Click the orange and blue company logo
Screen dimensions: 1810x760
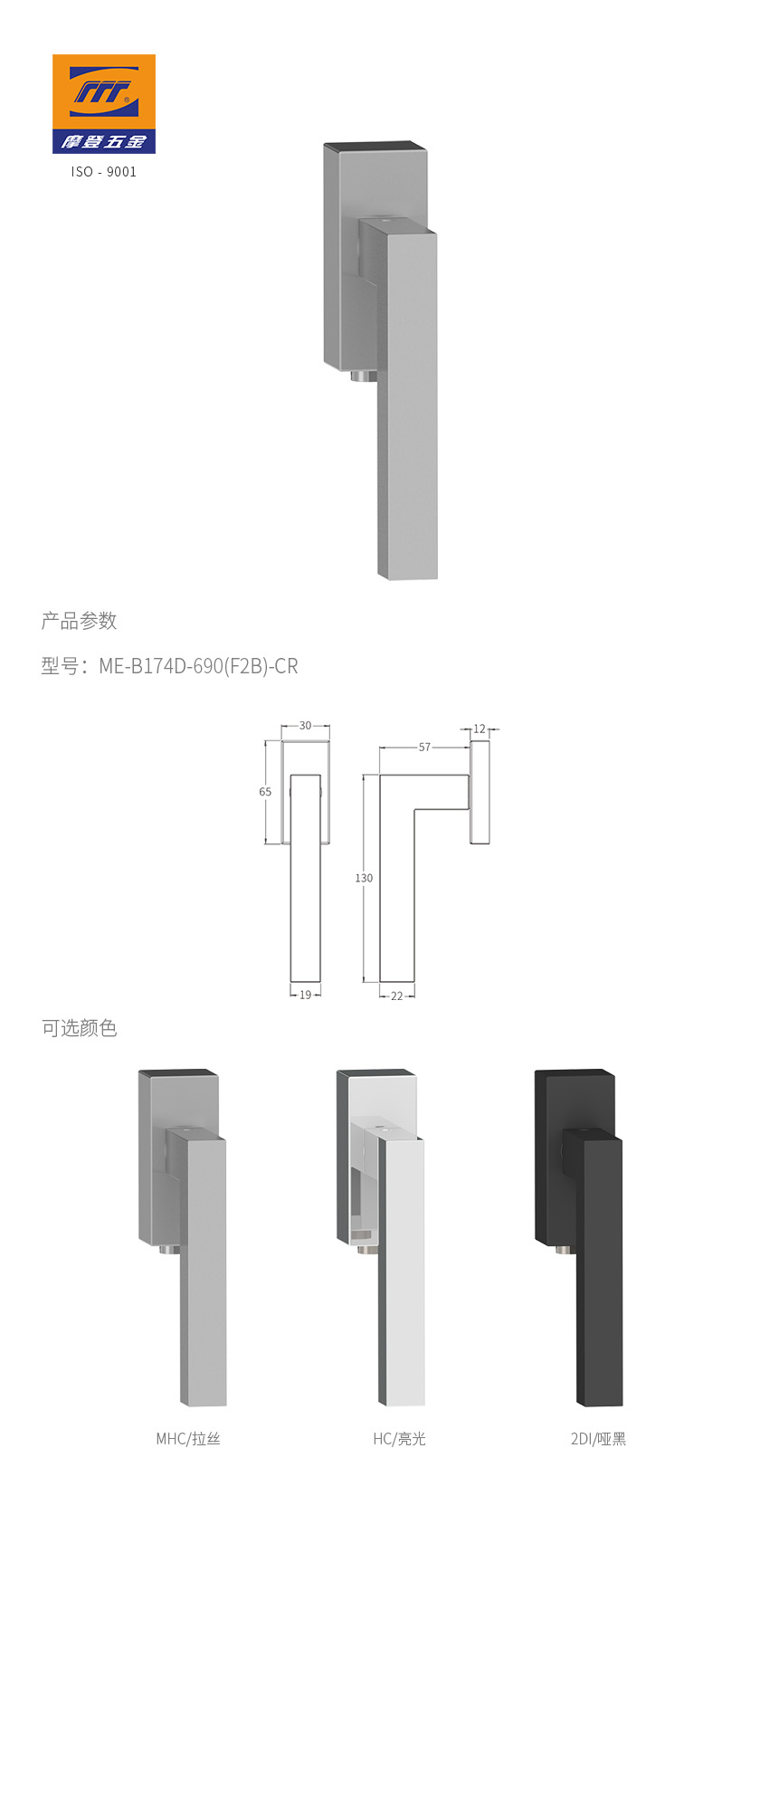[x=103, y=103]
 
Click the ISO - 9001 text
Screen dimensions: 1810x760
[x=104, y=172]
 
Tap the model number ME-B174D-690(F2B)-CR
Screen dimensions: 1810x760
[x=197, y=666]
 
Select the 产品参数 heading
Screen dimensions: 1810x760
[x=80, y=621]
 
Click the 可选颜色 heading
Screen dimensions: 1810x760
[x=80, y=1028]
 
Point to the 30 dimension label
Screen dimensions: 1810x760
[x=305, y=726]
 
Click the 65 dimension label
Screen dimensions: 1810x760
[x=265, y=792]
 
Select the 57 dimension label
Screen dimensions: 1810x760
[x=424, y=748]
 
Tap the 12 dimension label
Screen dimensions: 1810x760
[x=480, y=729]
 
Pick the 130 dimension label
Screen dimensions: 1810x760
[x=364, y=878]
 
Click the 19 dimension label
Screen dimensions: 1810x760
[x=305, y=995]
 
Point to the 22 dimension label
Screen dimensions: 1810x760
[x=397, y=995]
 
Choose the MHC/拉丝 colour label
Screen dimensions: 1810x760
[x=188, y=1439]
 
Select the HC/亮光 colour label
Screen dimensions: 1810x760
[x=399, y=1439]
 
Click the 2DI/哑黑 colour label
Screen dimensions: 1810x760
[x=598, y=1439]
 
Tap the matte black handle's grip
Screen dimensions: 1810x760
[x=599, y=1285]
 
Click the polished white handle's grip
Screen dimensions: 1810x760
[x=402, y=1285]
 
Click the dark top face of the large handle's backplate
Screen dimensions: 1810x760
[x=375, y=146]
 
